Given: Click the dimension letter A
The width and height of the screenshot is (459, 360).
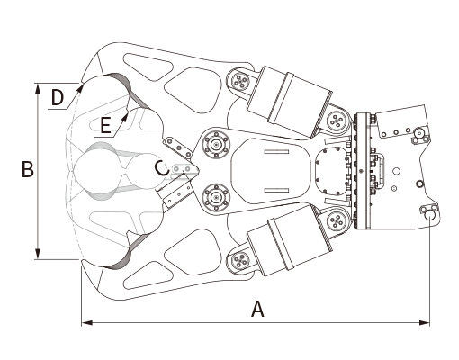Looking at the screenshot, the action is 257,310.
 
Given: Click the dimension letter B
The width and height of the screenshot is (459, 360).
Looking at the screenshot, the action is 28,169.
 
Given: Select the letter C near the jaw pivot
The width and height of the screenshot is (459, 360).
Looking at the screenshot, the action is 162,168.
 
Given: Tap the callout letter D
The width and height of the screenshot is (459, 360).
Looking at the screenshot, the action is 58,97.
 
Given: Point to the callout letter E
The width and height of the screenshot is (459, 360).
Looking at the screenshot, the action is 105,125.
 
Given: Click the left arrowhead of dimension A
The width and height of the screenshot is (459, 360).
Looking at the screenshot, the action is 86,323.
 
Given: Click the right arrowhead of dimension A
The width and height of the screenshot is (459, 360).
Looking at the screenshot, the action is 425,323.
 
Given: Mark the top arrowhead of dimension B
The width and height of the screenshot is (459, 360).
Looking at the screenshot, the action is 38,88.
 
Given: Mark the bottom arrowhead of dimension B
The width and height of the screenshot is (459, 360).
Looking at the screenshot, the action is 38,254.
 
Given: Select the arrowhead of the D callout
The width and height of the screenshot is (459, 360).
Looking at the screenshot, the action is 80,87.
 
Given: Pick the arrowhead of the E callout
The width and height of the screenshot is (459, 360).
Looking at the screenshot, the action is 124,117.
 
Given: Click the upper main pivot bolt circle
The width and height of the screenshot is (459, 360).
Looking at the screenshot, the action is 216,145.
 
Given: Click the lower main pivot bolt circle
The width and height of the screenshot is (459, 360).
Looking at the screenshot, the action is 216,197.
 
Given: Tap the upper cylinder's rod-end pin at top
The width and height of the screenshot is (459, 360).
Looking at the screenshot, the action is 240,81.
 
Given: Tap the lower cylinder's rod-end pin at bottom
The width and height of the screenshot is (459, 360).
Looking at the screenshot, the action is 240,260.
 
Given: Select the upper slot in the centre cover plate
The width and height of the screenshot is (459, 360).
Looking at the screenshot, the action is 276,152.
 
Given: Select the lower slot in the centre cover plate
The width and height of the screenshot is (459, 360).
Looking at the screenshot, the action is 276,191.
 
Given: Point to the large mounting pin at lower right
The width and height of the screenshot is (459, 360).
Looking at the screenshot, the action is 431,214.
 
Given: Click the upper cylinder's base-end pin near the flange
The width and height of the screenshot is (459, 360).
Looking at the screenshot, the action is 336,121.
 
